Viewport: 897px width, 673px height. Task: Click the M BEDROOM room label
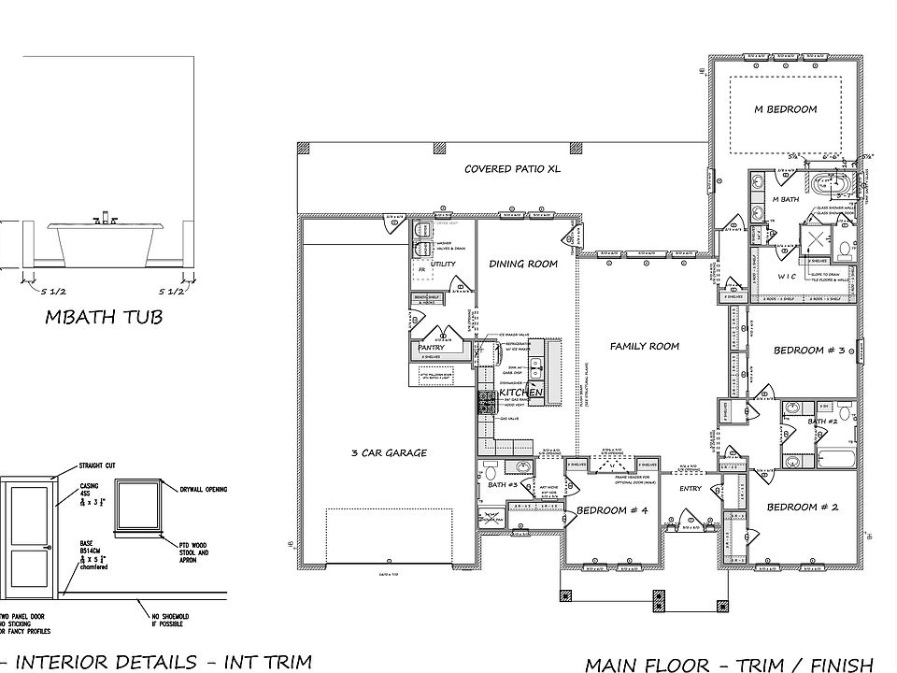click(x=785, y=109)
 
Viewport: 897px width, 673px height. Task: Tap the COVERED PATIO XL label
click(x=513, y=169)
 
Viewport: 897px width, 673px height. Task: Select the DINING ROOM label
click(x=523, y=264)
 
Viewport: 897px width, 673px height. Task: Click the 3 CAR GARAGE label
click(x=389, y=453)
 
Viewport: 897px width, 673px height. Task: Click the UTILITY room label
click(x=443, y=265)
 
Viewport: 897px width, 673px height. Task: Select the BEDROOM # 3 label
click(x=809, y=351)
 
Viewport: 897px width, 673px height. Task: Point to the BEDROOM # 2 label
click(x=803, y=507)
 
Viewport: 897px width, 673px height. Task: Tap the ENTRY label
click(x=691, y=488)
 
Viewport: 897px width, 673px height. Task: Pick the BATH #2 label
click(x=823, y=422)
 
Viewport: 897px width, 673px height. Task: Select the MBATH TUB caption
click(x=104, y=318)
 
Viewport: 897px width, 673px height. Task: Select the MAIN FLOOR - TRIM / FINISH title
click(x=729, y=664)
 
